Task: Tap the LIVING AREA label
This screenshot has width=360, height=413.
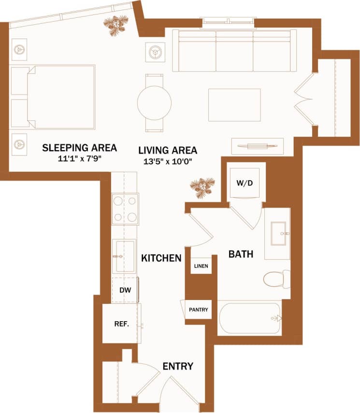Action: pyautogui.click(x=168, y=150)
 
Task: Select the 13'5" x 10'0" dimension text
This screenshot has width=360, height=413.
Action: pyautogui.click(x=168, y=161)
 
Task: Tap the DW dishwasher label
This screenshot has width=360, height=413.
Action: pyautogui.click(x=125, y=290)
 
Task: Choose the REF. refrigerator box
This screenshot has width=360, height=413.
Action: pyautogui.click(x=121, y=324)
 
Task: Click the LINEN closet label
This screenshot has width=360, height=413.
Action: pyautogui.click(x=201, y=266)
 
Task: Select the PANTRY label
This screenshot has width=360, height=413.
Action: pyautogui.click(x=199, y=310)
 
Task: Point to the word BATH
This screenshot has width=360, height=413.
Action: pyautogui.click(x=241, y=254)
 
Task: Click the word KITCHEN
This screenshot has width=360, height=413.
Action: pyautogui.click(x=161, y=258)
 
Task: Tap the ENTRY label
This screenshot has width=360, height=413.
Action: pyautogui.click(x=177, y=366)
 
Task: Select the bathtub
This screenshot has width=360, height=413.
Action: pyautogui.click(x=249, y=318)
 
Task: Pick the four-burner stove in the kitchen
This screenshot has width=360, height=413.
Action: pyautogui.click(x=125, y=209)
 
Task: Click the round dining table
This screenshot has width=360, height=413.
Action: pyautogui.click(x=154, y=102)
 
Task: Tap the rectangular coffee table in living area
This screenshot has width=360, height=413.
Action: pyautogui.click(x=234, y=105)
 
